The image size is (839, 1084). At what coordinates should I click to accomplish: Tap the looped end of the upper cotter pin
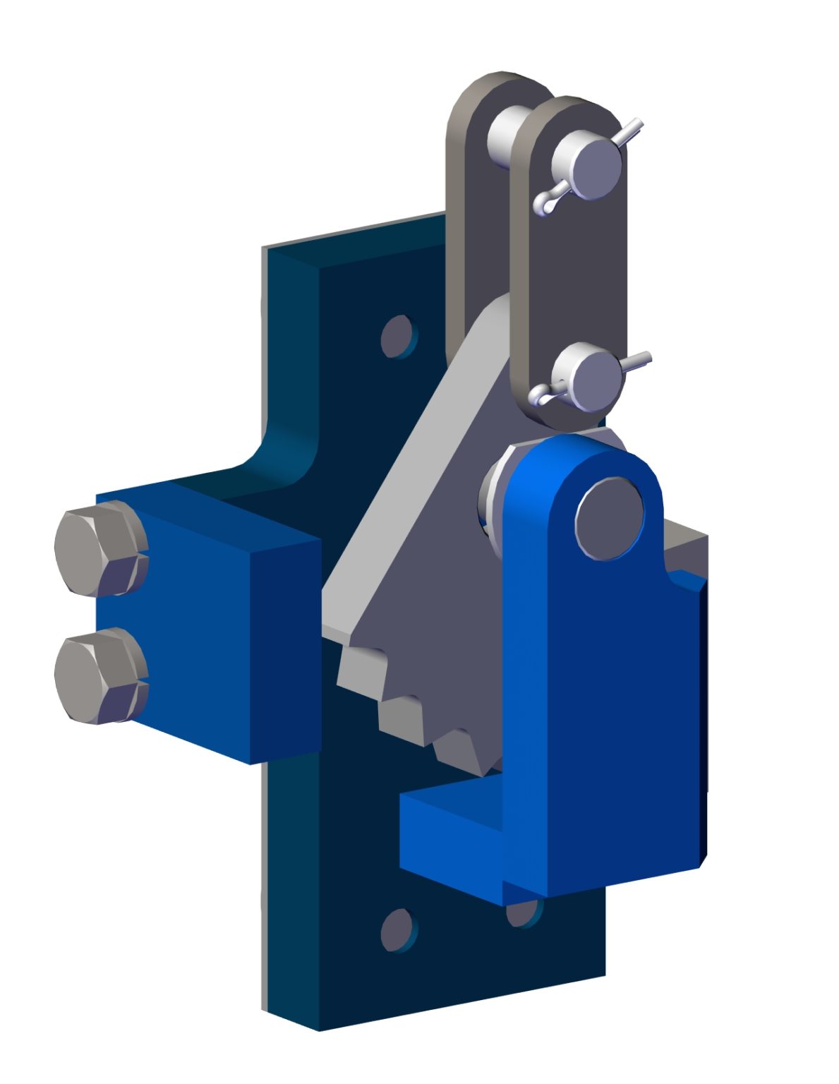(544, 205)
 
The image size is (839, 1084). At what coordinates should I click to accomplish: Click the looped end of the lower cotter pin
(542, 397)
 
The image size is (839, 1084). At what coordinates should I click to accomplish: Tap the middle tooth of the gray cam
(402, 720)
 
